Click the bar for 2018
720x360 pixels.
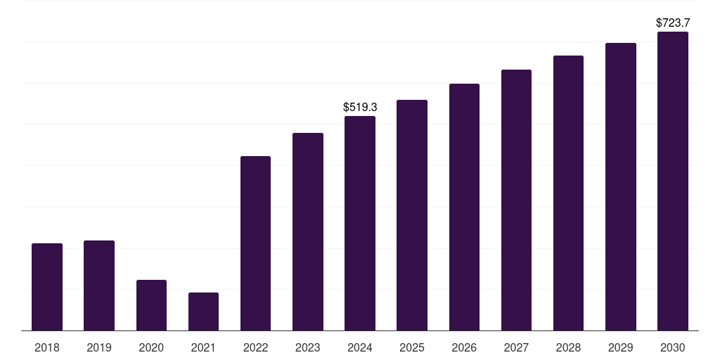(x=47, y=287)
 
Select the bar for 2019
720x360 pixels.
(x=99, y=285)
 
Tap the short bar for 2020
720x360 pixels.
(x=151, y=305)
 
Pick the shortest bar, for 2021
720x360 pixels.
(x=203, y=311)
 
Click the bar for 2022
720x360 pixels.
(x=255, y=243)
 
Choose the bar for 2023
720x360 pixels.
(x=308, y=231)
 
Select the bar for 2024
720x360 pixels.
(x=360, y=223)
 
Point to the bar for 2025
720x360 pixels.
(x=412, y=215)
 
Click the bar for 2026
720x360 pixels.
(x=464, y=207)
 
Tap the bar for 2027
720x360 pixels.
(x=516, y=200)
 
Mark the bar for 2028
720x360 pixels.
(x=568, y=193)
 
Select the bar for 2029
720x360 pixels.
(x=621, y=186)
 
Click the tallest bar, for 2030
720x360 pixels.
(x=673, y=181)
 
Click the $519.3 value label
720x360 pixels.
(x=360, y=108)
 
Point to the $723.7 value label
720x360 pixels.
(x=673, y=23)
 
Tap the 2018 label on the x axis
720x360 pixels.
(x=47, y=347)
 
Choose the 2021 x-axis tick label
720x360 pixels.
(x=203, y=347)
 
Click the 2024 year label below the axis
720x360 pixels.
(x=360, y=347)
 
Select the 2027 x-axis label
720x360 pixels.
(x=516, y=347)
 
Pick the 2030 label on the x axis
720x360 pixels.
(x=673, y=347)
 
